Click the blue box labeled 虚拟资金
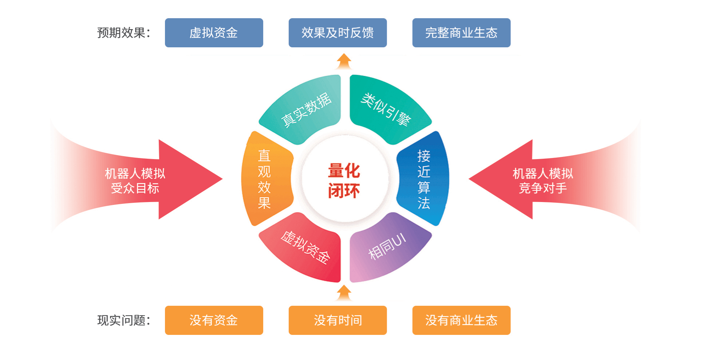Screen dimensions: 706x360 pos(214,33)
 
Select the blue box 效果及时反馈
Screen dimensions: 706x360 pos(338,33)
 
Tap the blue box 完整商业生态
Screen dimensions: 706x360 pos(461,33)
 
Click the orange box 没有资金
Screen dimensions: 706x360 pos(214,320)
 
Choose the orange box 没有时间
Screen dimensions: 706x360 pos(338,320)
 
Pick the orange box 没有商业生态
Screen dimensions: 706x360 pos(461,320)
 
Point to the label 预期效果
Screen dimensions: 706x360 pos(124,33)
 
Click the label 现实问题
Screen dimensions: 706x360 pos(124,320)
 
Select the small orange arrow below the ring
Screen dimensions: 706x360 pos(344,293)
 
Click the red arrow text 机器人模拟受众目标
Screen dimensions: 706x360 pos(135,181)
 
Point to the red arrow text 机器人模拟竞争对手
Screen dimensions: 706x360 pos(543,181)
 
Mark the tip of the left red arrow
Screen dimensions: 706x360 pos(222,179)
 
